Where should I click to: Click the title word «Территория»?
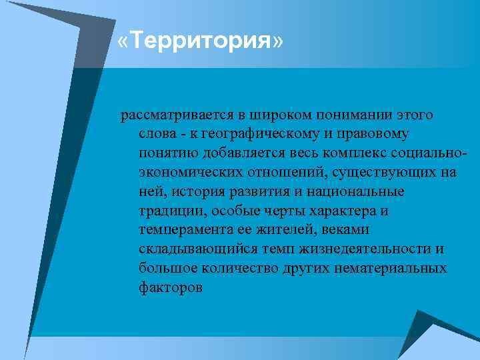click(x=200, y=42)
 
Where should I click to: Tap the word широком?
click(x=259, y=115)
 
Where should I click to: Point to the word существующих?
click(x=381, y=173)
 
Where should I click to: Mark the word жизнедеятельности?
click(x=361, y=249)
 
